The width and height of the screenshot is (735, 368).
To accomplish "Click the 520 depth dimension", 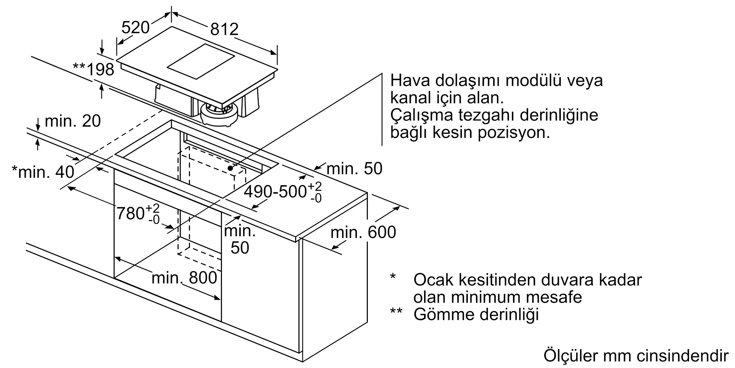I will [135, 27].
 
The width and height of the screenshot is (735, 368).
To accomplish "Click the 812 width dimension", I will [224, 29].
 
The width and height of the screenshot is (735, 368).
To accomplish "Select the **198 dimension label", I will [94, 69].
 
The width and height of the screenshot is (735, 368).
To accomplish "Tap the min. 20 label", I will [72, 121].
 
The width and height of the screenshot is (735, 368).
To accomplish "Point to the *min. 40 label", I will [43, 171].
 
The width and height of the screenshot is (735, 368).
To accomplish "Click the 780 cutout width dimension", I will [138, 213].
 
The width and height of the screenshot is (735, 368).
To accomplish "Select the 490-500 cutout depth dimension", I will [283, 192].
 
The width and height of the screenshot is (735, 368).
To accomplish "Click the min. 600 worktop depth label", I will [363, 232].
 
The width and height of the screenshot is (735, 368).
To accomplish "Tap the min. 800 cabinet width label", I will [184, 278].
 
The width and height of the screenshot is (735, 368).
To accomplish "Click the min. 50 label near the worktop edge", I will [354, 169].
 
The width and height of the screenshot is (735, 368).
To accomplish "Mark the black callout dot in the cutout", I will [230, 168].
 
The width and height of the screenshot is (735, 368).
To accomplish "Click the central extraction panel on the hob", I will [201, 61].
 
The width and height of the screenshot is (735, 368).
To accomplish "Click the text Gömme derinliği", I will [476, 314].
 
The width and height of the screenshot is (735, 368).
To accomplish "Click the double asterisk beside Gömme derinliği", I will [396, 311].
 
